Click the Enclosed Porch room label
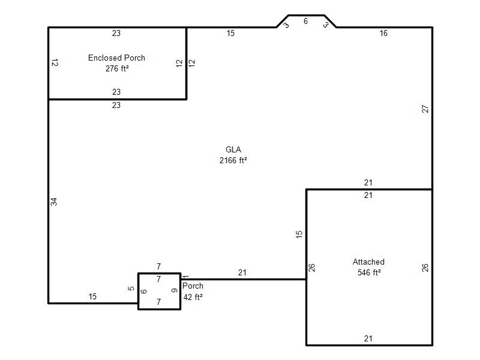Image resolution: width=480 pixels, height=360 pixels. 116,58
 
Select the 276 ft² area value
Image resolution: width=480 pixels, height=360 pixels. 117,68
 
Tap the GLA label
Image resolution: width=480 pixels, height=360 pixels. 233,149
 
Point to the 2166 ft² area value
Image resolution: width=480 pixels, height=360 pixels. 233,160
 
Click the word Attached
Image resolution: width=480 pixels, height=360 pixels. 368,262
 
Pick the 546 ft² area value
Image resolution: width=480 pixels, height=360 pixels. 369,272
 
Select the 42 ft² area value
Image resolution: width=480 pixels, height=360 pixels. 193,297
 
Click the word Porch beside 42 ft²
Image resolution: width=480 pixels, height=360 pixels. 193,286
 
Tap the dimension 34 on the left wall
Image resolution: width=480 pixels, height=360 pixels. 54,202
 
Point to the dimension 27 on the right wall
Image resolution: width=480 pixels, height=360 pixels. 425,109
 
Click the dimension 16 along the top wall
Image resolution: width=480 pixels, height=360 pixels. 383,33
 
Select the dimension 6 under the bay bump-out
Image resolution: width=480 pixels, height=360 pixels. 305,21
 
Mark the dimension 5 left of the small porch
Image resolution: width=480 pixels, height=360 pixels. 131,289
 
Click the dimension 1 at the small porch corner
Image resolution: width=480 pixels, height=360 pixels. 185,277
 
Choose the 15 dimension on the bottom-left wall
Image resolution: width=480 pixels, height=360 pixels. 92,296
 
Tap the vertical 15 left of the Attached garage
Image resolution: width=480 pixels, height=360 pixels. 299,235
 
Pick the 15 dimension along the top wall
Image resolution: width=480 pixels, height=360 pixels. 230,33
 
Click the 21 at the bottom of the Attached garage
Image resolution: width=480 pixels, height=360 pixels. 368,338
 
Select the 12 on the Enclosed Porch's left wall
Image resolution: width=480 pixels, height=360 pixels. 55,63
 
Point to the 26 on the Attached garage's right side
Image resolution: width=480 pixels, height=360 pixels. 425,268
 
